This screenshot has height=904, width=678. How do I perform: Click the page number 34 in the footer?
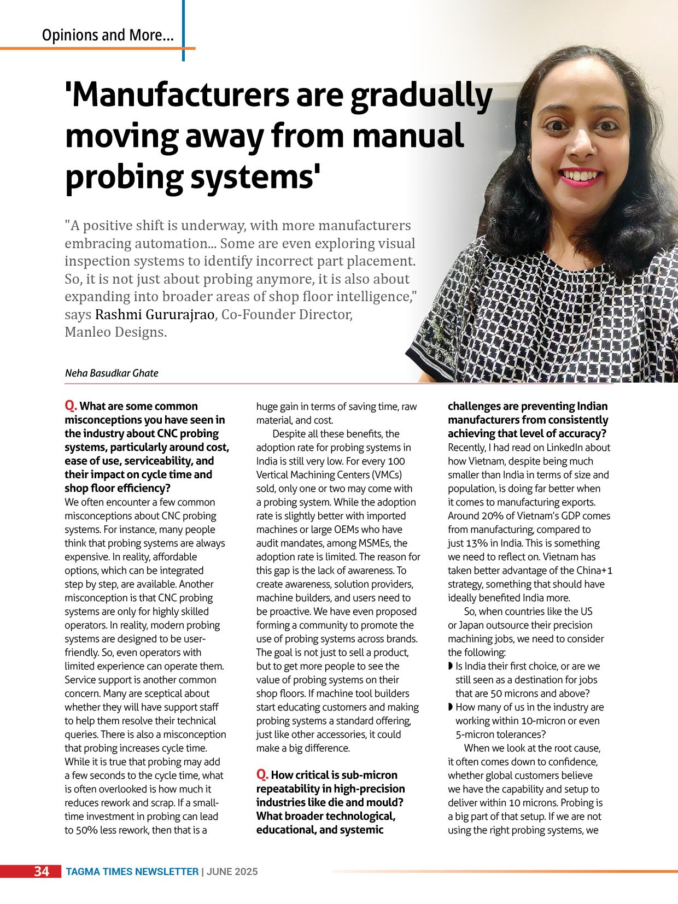42,871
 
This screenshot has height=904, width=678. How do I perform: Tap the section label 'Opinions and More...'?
108,36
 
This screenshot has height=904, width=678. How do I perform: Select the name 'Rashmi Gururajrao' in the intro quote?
155,315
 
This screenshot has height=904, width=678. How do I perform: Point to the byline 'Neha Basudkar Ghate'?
112,373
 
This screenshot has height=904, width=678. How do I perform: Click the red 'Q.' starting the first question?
71,406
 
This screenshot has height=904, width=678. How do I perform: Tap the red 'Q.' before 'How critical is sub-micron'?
262,775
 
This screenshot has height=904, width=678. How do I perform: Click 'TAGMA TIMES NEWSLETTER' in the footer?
132,872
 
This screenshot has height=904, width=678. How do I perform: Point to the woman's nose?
585,145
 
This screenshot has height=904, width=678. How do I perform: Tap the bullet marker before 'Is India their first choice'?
451,666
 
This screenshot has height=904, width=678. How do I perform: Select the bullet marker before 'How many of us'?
451,707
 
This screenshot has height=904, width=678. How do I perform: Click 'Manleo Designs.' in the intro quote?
115,332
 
